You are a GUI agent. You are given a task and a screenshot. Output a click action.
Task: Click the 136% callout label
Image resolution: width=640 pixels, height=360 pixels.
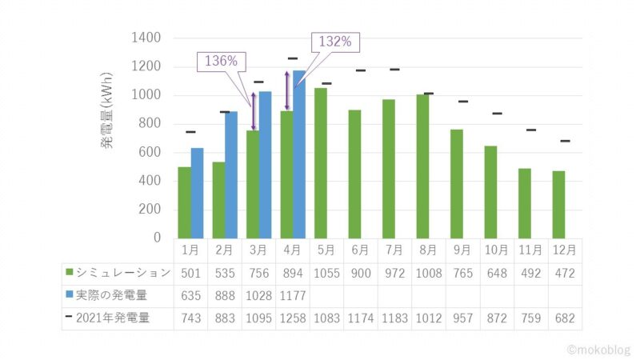coord(221,62)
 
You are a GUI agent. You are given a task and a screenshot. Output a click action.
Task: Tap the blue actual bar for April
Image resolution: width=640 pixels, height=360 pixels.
coord(298,154)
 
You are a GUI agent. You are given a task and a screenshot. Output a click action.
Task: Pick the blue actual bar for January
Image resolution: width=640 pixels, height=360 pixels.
coord(197,192)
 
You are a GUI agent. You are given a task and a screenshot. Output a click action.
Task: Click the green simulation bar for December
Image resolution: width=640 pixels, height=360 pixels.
coord(558,204)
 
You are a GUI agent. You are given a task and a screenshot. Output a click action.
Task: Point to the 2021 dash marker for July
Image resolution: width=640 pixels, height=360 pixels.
coord(394,70)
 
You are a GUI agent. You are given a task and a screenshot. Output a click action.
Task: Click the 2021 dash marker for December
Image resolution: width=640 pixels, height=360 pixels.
coord(565,141)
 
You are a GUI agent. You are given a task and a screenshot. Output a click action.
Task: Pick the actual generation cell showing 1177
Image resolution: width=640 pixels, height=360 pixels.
coord(292,295)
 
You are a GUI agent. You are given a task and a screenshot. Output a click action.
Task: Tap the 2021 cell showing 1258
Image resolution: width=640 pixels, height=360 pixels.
coord(292,318)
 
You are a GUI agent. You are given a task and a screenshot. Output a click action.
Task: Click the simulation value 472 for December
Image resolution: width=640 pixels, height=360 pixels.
coord(565,273)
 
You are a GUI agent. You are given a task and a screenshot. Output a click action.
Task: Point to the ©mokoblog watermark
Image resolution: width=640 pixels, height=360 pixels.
coord(598,350)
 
